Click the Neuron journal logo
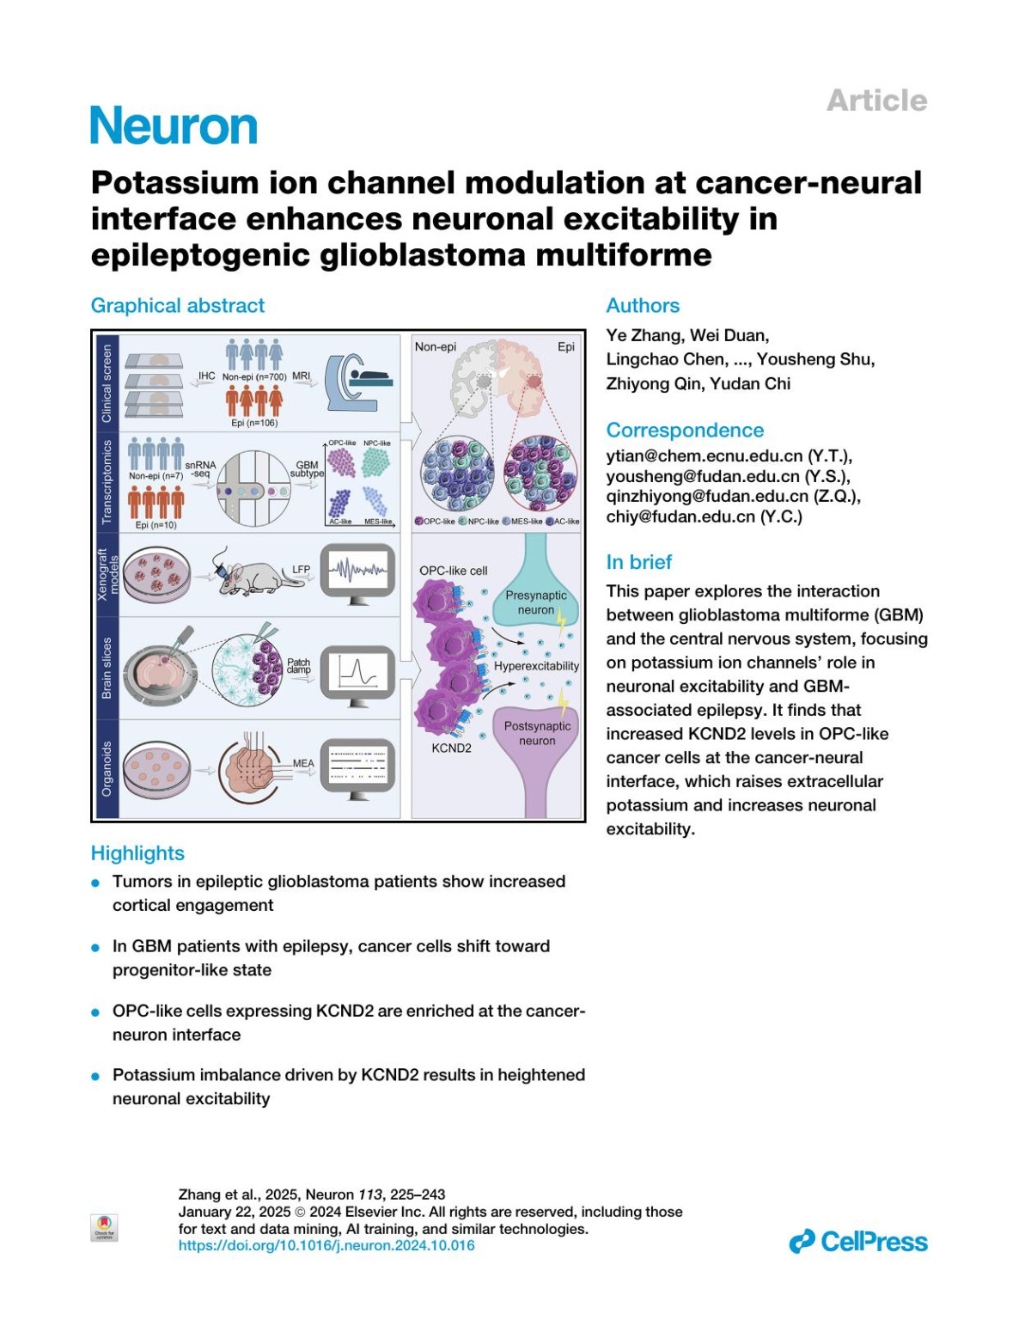click(x=174, y=126)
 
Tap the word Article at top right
click(x=876, y=101)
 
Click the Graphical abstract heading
click(x=177, y=306)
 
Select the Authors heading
click(x=642, y=306)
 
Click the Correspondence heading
click(x=684, y=431)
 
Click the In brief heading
click(x=638, y=562)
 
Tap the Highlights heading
click(x=137, y=853)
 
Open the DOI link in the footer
click(x=326, y=1245)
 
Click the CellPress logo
click(x=857, y=1242)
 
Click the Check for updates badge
click(x=104, y=1227)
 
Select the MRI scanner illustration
click(x=357, y=382)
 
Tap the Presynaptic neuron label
click(x=536, y=602)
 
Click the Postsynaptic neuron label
click(x=537, y=733)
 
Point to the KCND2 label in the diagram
click(x=451, y=748)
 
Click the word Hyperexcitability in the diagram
click(x=536, y=666)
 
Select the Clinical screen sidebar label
click(x=107, y=383)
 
